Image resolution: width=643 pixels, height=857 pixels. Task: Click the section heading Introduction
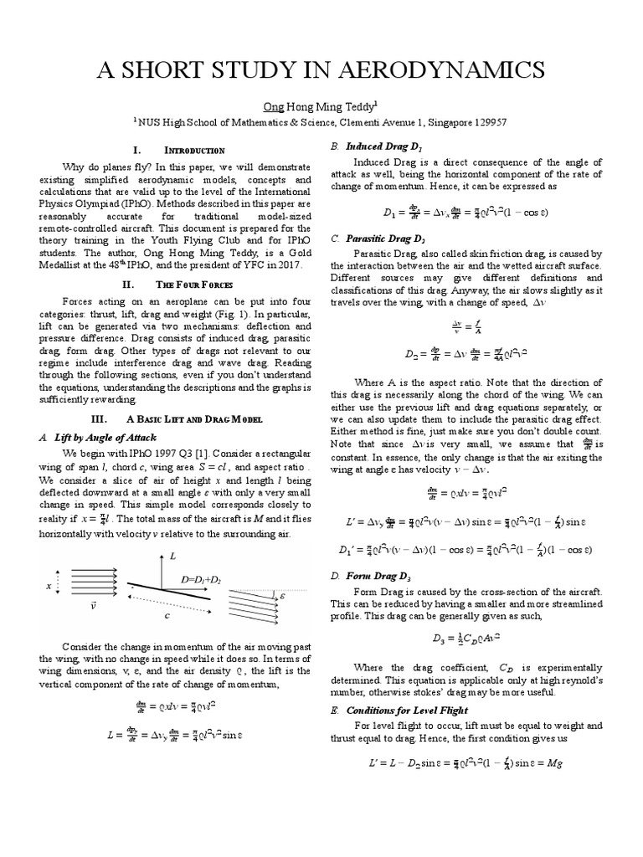pos(193,150)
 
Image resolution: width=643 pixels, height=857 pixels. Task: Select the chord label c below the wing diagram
pos(167,615)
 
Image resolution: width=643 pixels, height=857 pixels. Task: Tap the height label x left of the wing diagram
pos(49,587)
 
